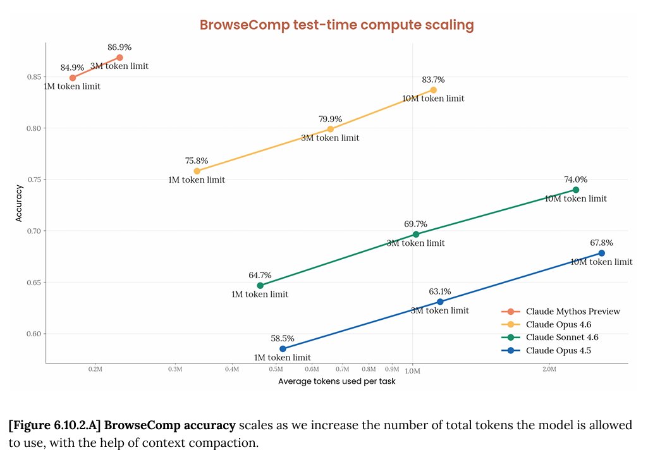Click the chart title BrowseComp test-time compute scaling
pos(336,25)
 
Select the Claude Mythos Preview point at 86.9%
pos(119,58)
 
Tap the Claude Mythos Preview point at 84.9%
pos(73,78)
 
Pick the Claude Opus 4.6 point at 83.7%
pos(433,90)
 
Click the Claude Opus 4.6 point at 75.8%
pos(197,171)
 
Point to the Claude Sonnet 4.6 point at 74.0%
pos(575,190)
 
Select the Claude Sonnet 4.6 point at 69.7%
pos(416,235)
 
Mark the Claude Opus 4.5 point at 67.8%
pos(601,253)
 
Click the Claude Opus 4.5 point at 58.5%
pos(283,349)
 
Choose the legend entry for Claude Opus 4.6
pos(562,324)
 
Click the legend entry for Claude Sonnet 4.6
pos(562,337)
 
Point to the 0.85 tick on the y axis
pos(34,77)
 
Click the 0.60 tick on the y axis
pos(34,334)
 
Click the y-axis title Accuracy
pos(20,202)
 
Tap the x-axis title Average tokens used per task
pos(336,382)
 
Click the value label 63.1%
pos(440,291)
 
